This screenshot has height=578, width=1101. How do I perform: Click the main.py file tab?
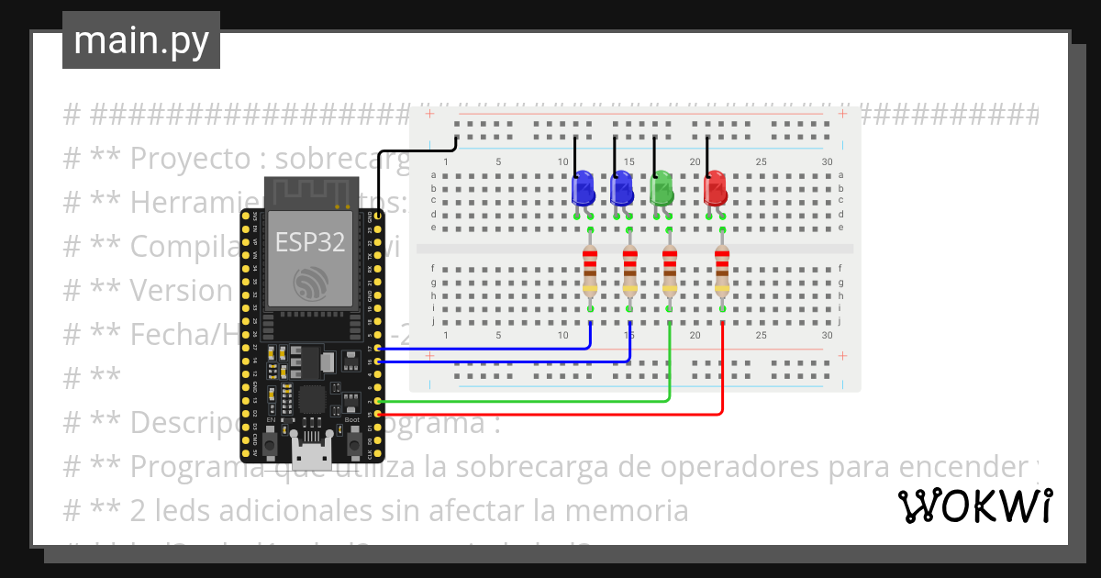(x=140, y=40)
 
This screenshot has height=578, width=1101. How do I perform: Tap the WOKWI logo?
(x=974, y=506)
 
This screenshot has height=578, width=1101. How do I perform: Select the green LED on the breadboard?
(x=662, y=188)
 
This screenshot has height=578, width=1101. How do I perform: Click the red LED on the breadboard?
(x=715, y=188)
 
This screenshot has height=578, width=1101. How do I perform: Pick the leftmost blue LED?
(x=583, y=188)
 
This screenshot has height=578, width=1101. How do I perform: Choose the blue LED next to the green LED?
(x=622, y=188)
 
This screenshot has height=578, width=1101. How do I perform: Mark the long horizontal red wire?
(x=550, y=415)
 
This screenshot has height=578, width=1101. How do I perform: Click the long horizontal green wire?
(x=523, y=401)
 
